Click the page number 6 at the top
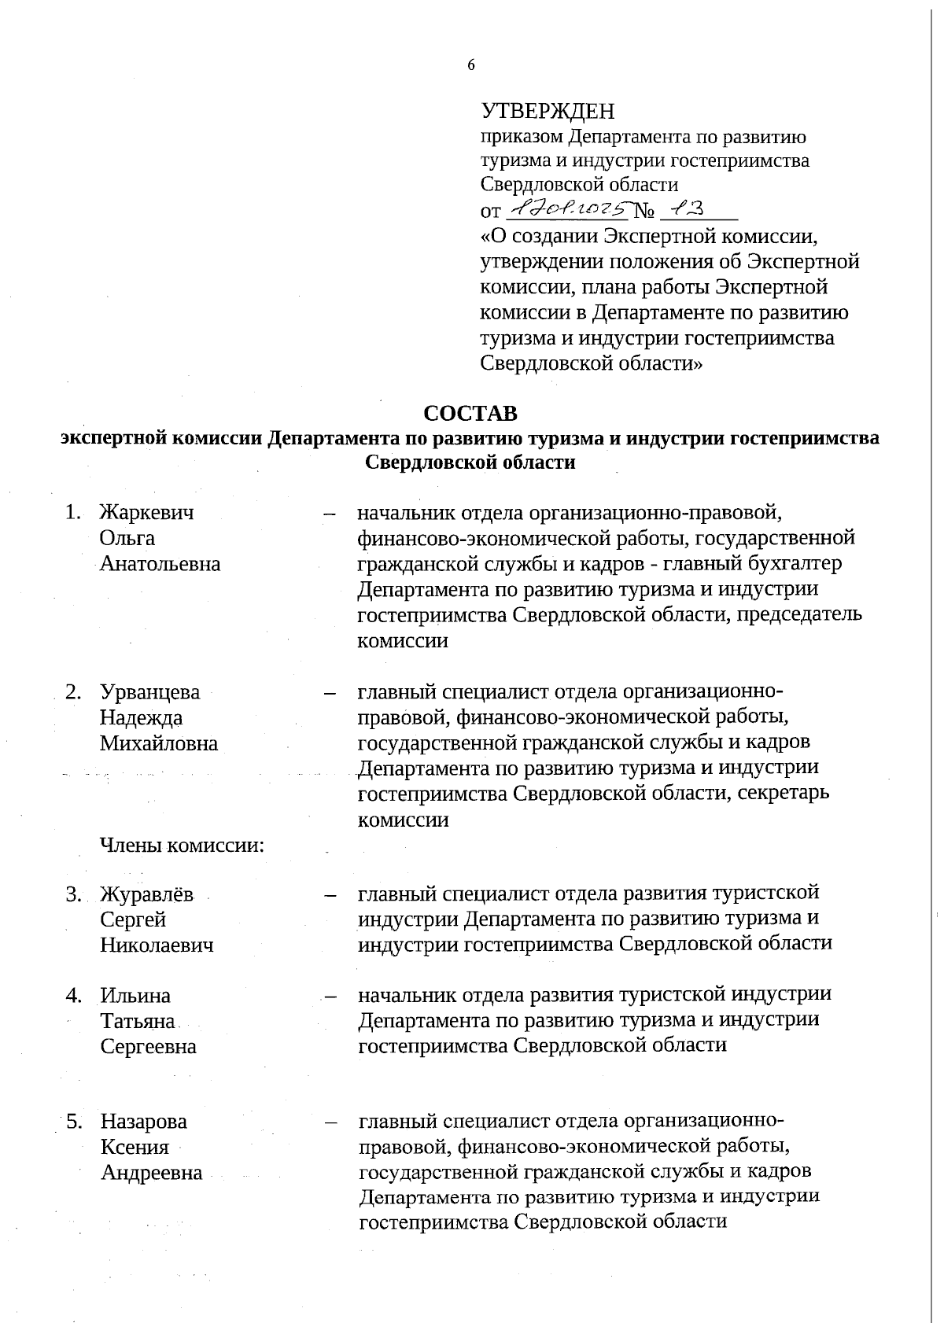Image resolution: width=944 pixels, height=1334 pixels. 471,65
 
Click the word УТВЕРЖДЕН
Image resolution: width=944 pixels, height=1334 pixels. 548,111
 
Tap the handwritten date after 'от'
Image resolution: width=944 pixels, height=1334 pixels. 568,209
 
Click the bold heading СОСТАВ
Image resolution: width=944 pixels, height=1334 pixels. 470,413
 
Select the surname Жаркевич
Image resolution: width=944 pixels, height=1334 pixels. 147,513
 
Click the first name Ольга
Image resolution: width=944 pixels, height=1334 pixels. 127,539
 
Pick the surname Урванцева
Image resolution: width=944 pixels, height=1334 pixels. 150,693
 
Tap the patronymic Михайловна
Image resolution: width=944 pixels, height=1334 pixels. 159,744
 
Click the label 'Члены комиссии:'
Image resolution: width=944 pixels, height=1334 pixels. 182,846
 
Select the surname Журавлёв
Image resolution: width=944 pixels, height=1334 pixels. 147,895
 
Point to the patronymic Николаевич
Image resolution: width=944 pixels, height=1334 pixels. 157,945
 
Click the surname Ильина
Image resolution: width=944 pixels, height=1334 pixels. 135,997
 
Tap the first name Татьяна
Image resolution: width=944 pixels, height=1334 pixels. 138,1022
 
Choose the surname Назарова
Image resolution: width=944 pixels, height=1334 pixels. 144,1122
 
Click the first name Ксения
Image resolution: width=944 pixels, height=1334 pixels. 135,1148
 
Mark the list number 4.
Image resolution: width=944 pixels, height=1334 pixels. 74,997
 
